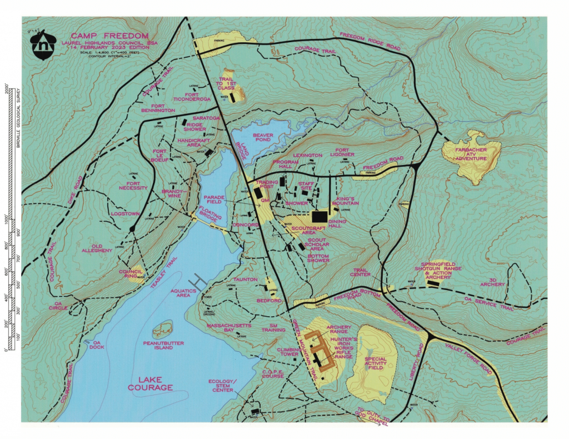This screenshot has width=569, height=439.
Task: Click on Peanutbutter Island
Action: pyautogui.click(x=163, y=330)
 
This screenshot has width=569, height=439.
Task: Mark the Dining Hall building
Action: pyautogui.click(x=321, y=217)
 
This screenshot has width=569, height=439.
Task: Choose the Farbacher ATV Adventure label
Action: pyautogui.click(x=471, y=155)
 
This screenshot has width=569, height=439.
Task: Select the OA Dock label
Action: pyautogui.click(x=98, y=345)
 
